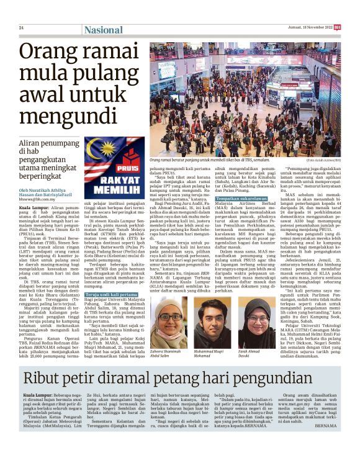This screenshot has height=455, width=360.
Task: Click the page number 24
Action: pyautogui.click(x=20, y=28)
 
